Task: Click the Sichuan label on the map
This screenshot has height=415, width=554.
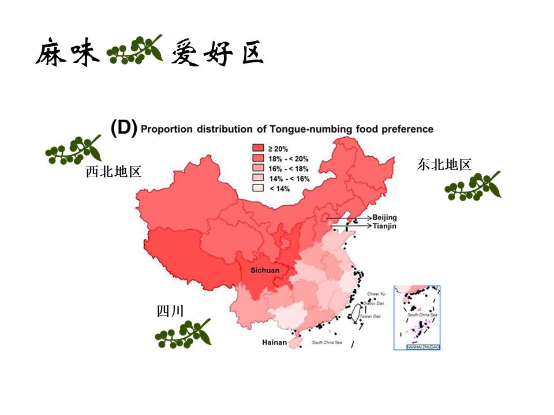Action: coord(265,270)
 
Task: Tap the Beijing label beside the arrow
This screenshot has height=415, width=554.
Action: coord(384,217)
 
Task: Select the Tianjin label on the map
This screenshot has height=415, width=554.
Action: coord(384,226)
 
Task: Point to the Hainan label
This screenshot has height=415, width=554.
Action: coord(274,342)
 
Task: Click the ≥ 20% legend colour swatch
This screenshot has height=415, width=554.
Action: coord(258,149)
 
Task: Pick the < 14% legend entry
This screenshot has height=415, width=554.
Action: coord(280,188)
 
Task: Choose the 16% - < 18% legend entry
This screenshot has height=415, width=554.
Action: coord(289,168)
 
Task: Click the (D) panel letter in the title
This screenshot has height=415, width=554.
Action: coord(124,128)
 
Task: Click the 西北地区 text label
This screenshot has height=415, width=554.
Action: coord(114,172)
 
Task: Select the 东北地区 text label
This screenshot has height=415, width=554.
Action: coord(444,165)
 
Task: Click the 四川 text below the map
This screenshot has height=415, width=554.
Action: coord(170,312)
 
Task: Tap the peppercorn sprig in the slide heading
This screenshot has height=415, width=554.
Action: coord(135,50)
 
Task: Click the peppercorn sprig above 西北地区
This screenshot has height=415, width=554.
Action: coord(73,150)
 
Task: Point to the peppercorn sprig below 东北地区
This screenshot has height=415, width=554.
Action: coord(473,186)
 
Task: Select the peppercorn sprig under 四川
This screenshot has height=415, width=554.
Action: coord(183,333)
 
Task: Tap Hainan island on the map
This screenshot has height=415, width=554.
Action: coord(294,342)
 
